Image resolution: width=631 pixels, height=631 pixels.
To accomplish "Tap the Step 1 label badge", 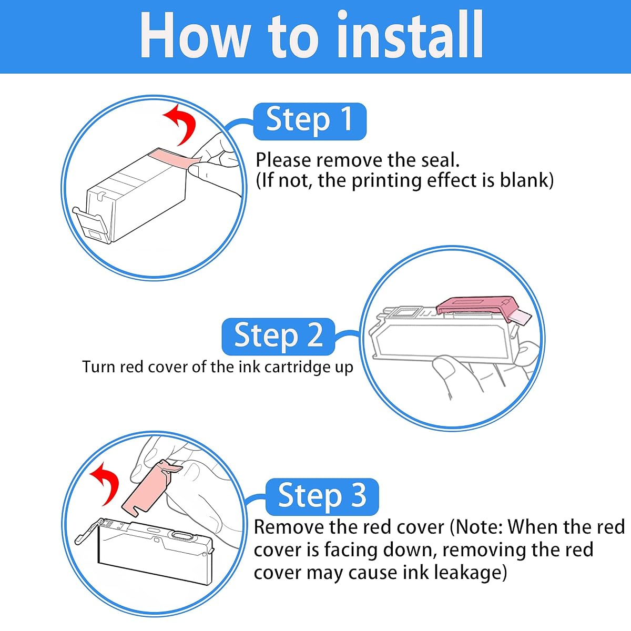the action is point(310,121).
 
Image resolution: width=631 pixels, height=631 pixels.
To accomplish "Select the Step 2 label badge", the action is point(278,337).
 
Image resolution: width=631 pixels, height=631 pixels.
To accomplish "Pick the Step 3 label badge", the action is point(322,497).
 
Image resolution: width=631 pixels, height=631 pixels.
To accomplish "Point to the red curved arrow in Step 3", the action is point(106,483).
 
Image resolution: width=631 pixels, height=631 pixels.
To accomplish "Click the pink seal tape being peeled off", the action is point(177,158).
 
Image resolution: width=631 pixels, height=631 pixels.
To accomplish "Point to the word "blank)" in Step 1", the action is point(526,180).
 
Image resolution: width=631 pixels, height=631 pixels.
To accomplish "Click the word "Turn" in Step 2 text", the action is point(98,367).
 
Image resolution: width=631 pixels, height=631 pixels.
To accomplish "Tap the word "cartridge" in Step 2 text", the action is point(297,368).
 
